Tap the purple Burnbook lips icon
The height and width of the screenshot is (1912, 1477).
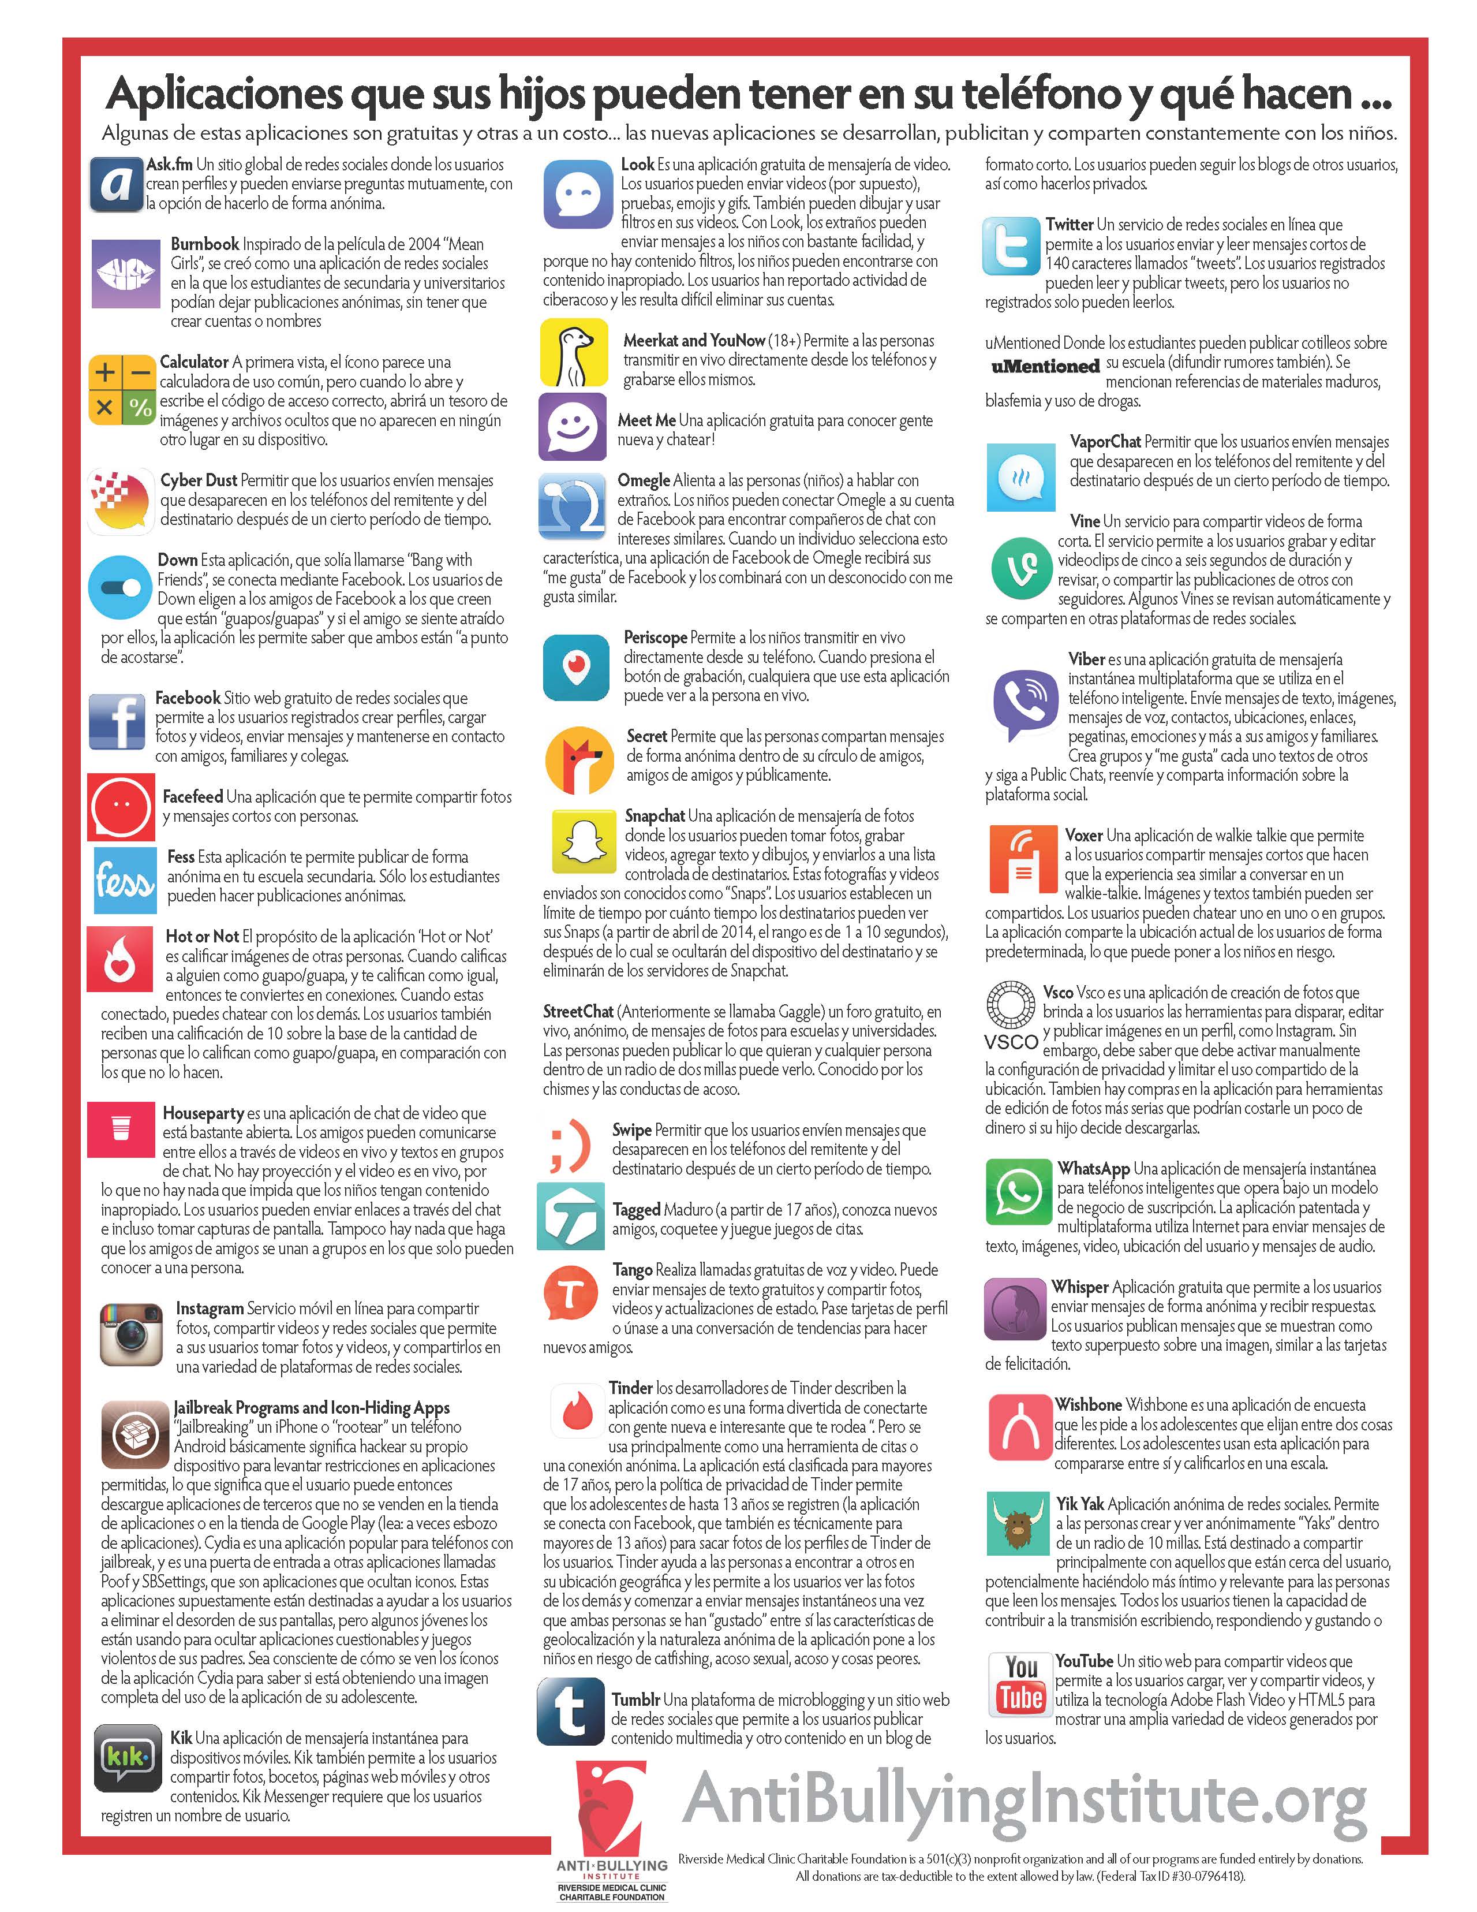tap(126, 272)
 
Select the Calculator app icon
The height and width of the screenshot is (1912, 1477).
tap(122, 390)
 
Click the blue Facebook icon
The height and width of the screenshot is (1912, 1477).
tap(117, 721)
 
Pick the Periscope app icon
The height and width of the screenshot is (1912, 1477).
tap(576, 669)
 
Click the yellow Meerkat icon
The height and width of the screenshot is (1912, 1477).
tap(573, 352)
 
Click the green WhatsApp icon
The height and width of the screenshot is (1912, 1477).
tap(1018, 1192)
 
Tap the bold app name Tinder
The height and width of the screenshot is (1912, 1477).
tap(631, 1388)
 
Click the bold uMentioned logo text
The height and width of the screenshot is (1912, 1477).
tap(1045, 366)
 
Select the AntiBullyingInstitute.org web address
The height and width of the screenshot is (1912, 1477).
tap(1024, 1799)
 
